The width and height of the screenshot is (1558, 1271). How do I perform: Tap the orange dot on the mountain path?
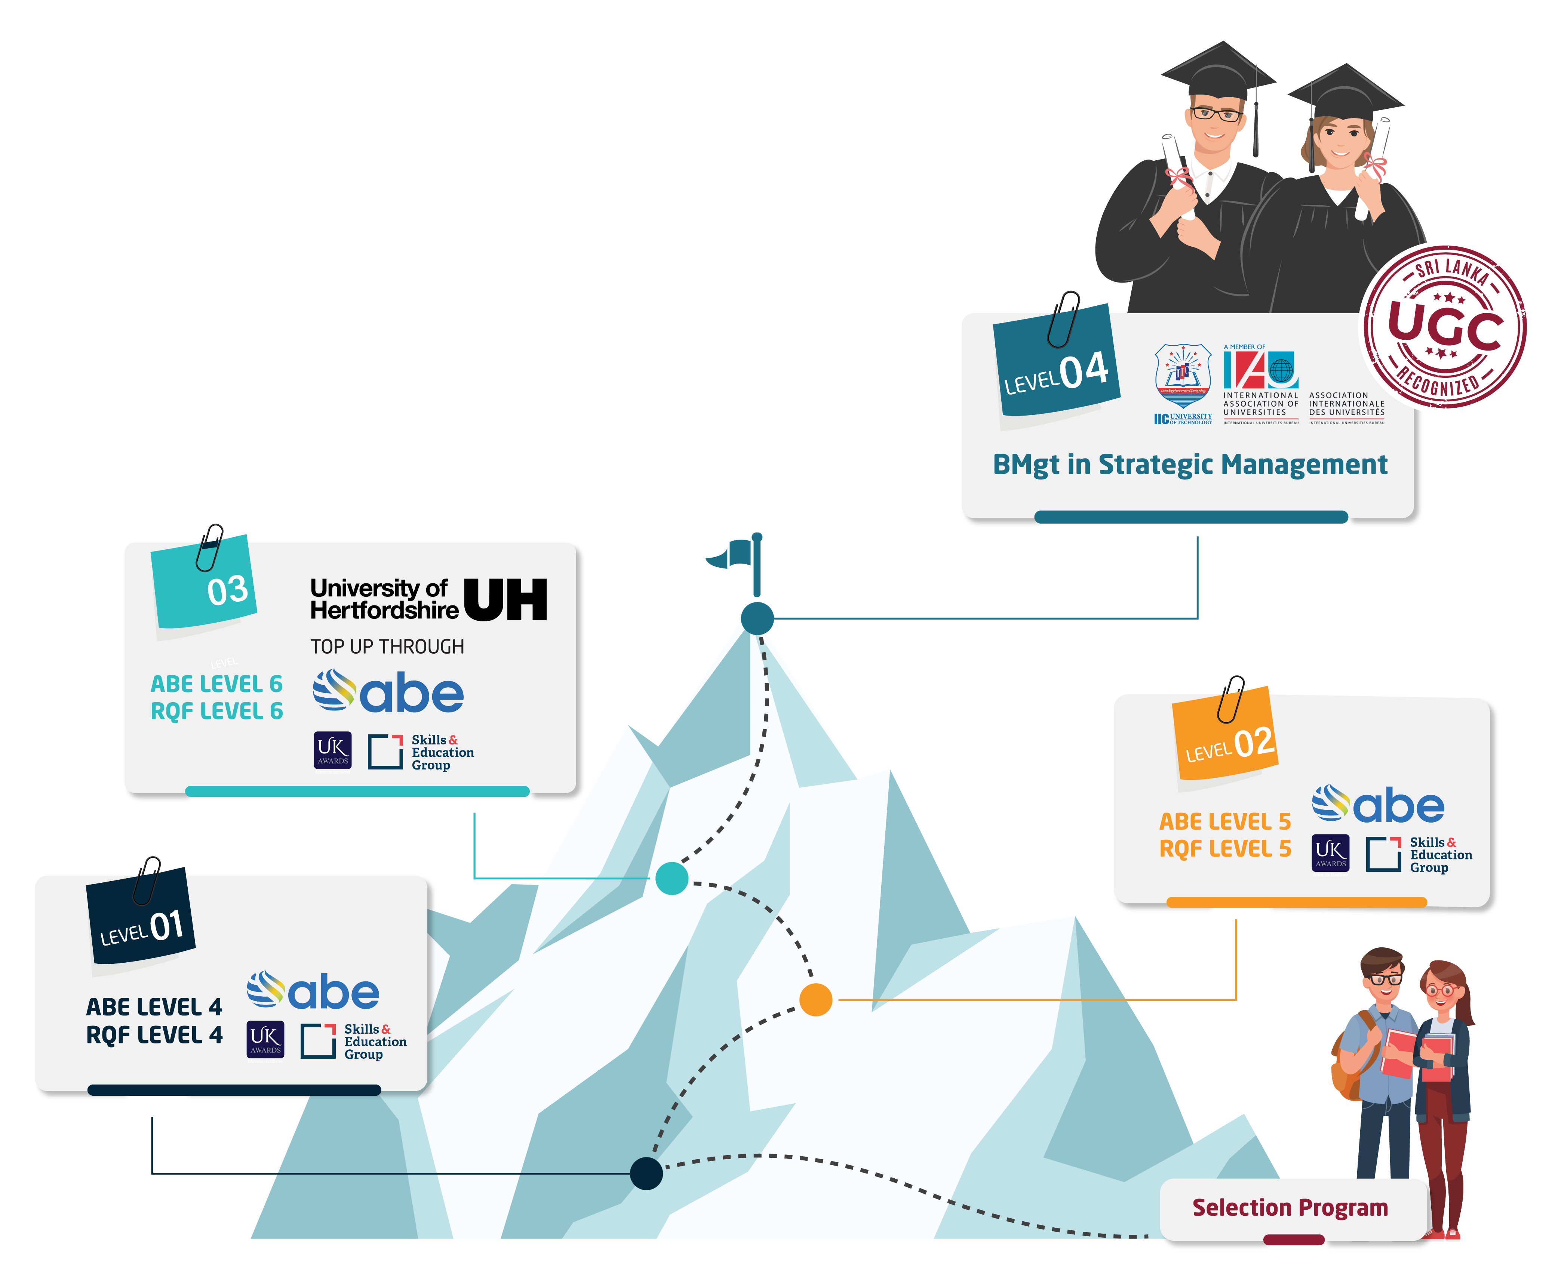pos(815,999)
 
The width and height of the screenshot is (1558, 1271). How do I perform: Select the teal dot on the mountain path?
pos(672,878)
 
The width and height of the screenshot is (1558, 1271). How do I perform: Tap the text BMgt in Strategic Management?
pos(1190,464)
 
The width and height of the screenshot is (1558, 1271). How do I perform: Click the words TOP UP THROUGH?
pos(387,647)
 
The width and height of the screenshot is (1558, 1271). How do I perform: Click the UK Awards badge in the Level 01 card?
pos(265,1040)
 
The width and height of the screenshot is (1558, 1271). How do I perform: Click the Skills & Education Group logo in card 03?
pos(421,752)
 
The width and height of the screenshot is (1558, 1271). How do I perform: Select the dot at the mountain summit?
pos(758,618)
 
